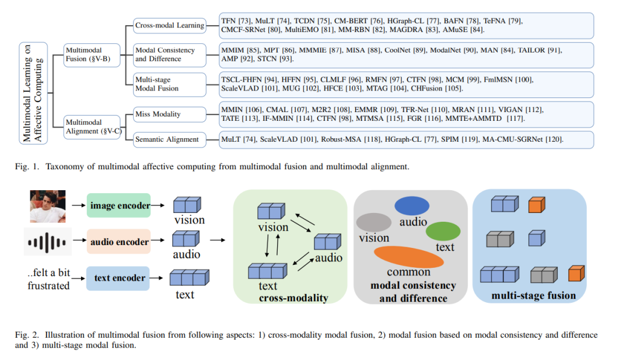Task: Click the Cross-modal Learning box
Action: tap(170, 25)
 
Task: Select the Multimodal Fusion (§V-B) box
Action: tap(92, 55)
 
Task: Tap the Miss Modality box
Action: tap(170, 114)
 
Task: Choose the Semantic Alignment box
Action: tap(170, 139)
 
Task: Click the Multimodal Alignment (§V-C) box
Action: tap(92, 127)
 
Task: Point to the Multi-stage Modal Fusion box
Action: tap(170, 85)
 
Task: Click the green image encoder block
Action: tap(119, 205)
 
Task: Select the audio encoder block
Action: tap(119, 242)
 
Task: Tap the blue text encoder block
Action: tap(118, 278)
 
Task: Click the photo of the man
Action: tap(48, 206)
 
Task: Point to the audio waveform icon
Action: tap(47, 242)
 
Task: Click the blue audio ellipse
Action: tap(412, 206)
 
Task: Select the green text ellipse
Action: tap(443, 231)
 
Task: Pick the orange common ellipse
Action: tap(408, 257)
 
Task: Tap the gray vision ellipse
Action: tap(374, 222)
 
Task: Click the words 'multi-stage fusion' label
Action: tap(534, 296)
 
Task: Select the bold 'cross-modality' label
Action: tap(293, 298)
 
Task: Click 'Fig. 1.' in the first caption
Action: tap(27, 167)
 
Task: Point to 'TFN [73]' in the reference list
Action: tap(236, 21)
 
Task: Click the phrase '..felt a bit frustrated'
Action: tap(48, 279)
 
